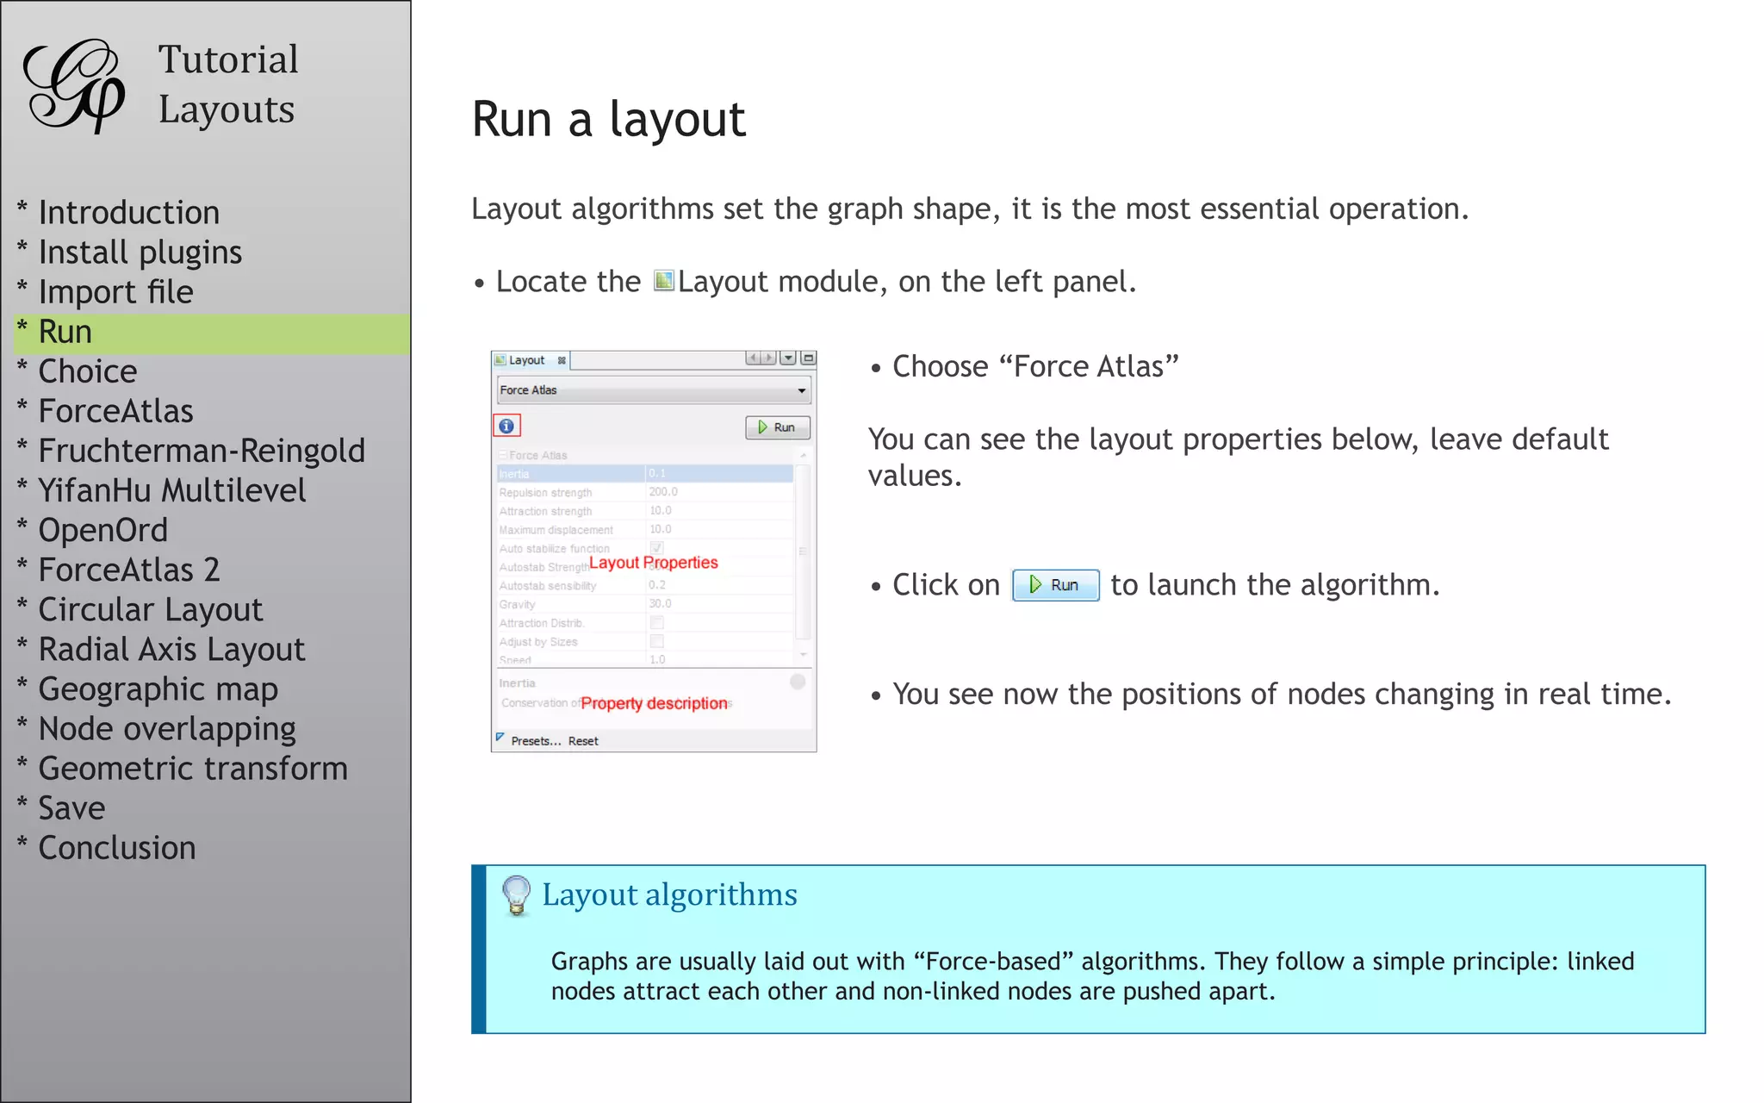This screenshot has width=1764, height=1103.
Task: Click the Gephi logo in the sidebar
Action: point(74,86)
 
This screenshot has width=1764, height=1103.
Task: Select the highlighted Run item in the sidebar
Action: point(65,333)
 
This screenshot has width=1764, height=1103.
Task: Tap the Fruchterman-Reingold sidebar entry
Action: point(202,451)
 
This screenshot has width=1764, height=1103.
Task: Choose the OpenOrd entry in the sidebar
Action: point(102,530)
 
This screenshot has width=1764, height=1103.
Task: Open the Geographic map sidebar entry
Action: point(158,689)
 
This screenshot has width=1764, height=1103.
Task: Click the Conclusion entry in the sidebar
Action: point(117,848)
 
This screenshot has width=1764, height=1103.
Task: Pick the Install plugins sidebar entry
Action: point(140,252)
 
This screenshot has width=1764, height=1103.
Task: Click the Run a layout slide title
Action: point(608,119)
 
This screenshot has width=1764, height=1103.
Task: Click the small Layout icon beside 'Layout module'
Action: point(663,281)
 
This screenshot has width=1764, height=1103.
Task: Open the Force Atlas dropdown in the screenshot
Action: point(654,390)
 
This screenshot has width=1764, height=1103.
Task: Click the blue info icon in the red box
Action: point(506,426)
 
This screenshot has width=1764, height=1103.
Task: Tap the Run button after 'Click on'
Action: point(1055,585)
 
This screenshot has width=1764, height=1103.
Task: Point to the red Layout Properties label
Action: point(653,563)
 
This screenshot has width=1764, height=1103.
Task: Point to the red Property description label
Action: point(654,703)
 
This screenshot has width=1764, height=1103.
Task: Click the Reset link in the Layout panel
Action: point(583,741)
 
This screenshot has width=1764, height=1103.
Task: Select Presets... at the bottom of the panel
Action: point(535,741)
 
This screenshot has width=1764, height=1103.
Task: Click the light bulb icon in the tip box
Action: point(516,894)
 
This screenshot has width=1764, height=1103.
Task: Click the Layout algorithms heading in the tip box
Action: point(669,894)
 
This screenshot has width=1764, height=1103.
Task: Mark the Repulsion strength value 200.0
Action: point(663,492)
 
